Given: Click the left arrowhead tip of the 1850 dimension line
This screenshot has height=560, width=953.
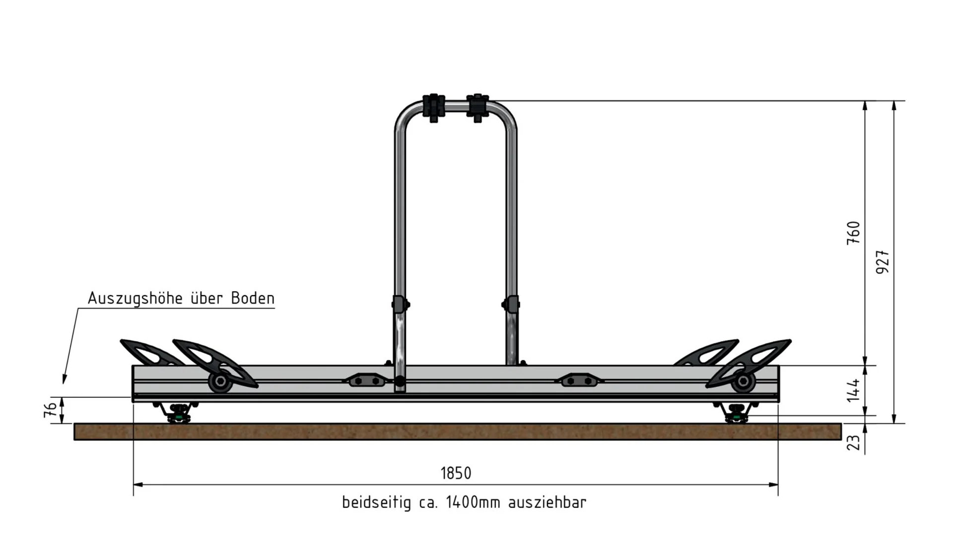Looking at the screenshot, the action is point(134,485).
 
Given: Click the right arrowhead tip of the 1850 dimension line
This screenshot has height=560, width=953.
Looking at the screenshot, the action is point(778,485).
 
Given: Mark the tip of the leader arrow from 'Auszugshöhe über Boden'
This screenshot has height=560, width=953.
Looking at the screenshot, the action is point(64,383).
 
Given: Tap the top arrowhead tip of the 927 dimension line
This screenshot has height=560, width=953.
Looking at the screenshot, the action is point(894,101).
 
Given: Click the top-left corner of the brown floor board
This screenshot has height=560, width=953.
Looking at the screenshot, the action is point(74,424).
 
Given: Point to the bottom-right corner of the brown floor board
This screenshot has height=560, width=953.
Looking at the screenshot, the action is point(842,440).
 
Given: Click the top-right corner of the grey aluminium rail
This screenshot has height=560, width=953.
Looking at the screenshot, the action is point(779,366).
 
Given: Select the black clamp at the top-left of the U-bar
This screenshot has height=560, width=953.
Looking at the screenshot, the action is point(434,108).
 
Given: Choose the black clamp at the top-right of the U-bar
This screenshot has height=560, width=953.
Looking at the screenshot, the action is point(477,108).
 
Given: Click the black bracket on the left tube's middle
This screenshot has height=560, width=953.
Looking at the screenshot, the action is point(400,304).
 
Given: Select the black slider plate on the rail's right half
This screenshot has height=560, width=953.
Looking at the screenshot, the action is point(579,380).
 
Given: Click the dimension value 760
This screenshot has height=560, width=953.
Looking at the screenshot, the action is point(853,233).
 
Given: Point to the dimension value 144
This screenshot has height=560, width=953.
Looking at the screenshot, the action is point(853,390).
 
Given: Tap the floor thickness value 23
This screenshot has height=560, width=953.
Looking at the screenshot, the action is point(853,442).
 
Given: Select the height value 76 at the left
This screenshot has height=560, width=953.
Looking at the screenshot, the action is point(51,410).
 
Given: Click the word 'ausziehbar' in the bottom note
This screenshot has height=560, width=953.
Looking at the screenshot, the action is point(547,502).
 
